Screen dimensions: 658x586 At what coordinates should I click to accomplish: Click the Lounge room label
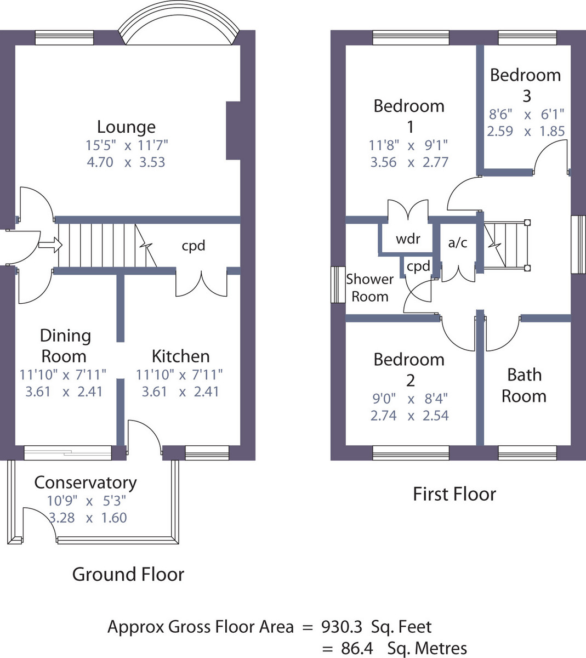pyautogui.click(x=126, y=127)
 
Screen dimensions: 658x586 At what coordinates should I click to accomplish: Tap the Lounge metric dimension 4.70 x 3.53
pyautogui.click(x=126, y=162)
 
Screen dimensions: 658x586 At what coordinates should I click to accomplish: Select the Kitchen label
pyautogui.click(x=180, y=356)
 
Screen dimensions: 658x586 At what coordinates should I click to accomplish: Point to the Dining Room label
pyautogui.click(x=65, y=345)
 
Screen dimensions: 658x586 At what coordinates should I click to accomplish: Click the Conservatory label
pyautogui.click(x=85, y=483)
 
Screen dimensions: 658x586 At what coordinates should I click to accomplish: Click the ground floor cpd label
pyautogui.click(x=194, y=245)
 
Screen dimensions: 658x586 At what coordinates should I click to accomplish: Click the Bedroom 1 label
pyautogui.click(x=409, y=116)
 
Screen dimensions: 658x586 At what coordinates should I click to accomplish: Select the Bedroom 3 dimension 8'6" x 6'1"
pyautogui.click(x=526, y=115)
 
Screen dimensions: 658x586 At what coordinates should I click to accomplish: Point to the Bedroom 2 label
pyautogui.click(x=409, y=370)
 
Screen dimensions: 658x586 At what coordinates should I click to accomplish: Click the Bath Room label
pyautogui.click(x=524, y=385)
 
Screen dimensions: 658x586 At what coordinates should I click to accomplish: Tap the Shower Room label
pyautogui.click(x=370, y=287)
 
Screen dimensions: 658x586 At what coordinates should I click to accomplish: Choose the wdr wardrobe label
pyautogui.click(x=408, y=239)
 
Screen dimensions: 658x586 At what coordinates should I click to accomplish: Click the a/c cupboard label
pyautogui.click(x=458, y=242)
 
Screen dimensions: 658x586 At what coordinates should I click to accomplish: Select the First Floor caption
pyautogui.click(x=454, y=494)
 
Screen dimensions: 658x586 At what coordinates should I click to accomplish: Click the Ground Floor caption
pyautogui.click(x=128, y=574)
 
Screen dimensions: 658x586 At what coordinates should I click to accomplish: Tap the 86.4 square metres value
pyautogui.click(x=357, y=648)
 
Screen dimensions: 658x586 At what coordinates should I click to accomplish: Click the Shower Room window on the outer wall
pyautogui.click(x=338, y=285)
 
